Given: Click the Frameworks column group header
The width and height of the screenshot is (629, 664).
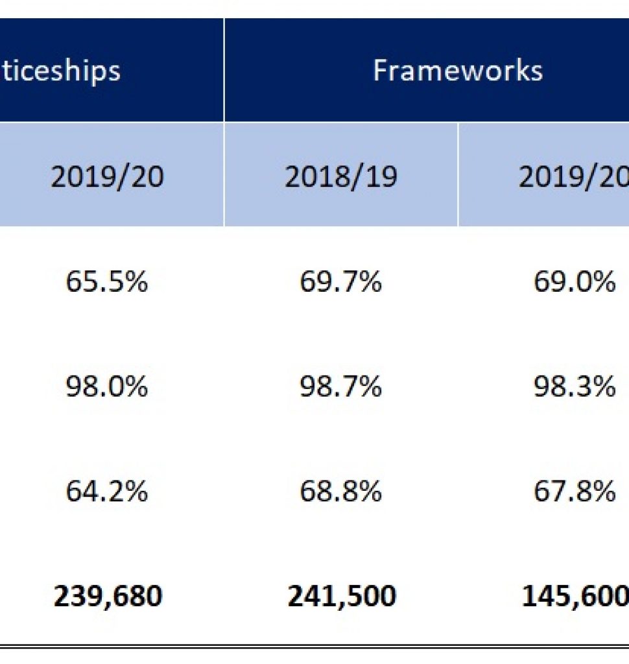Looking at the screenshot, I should (x=457, y=70).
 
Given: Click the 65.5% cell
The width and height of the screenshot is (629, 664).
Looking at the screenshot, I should (x=107, y=282).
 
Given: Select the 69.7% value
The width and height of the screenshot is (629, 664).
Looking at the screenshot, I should (x=340, y=282).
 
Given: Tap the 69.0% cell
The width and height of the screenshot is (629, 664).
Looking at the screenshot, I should (x=574, y=282).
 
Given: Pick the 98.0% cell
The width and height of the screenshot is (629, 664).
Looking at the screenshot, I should (x=107, y=386).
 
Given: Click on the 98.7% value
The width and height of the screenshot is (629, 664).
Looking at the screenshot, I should (x=340, y=386).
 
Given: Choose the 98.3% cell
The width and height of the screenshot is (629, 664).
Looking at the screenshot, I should (x=574, y=386).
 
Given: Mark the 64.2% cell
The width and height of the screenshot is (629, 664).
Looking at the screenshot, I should (x=107, y=492).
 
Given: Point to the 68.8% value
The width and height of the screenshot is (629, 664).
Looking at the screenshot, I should (x=340, y=492).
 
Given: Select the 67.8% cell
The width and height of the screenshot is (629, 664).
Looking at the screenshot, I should (x=574, y=492).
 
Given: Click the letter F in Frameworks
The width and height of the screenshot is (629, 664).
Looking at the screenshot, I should (x=381, y=70).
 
